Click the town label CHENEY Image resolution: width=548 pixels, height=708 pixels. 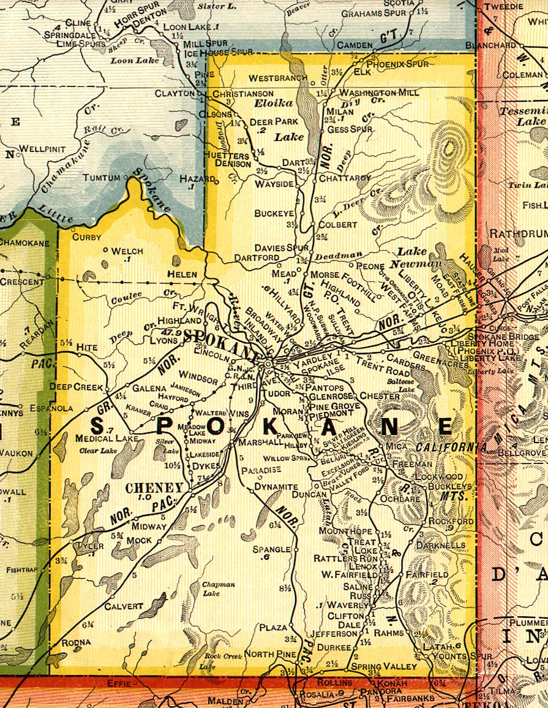154,488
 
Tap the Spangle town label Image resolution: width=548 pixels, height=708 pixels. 271,549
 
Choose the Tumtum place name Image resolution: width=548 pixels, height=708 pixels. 102,178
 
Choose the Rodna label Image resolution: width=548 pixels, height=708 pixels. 76,642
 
